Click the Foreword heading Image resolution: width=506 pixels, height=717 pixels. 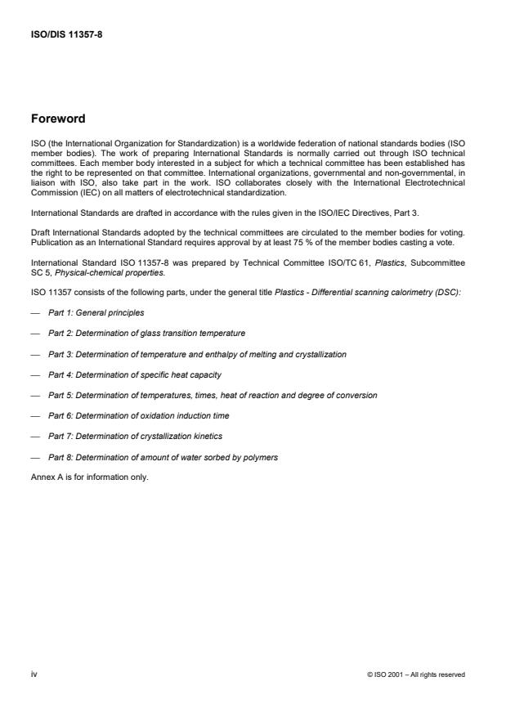[x=57, y=119]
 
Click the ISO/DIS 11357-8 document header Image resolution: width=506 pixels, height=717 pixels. [x=65, y=36]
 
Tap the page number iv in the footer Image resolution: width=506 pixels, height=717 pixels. [x=34, y=674]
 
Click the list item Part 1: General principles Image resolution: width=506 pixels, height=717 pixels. [x=97, y=312]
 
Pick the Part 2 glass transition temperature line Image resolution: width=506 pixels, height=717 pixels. [x=146, y=334]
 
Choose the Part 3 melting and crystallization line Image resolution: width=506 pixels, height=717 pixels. [x=197, y=354]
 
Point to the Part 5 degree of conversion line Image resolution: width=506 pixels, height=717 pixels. [x=213, y=395]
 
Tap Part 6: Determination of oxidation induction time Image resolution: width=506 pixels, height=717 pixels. [x=138, y=416]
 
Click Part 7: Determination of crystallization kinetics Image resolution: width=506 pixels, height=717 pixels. [x=135, y=437]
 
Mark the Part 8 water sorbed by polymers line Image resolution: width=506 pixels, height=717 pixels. [x=163, y=457]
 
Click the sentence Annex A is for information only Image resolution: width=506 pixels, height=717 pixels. [x=89, y=477]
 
